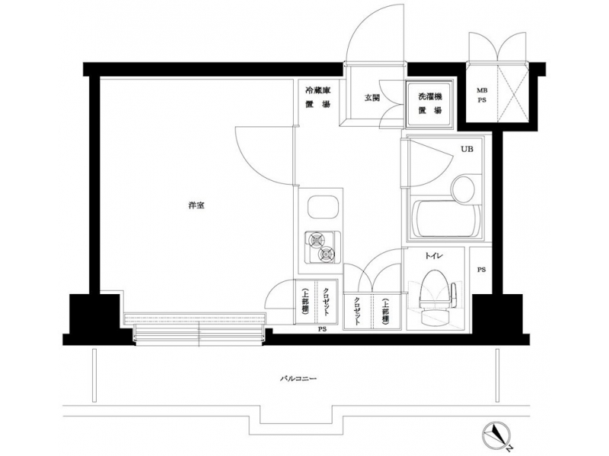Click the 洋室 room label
click(x=196, y=205)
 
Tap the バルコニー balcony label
click(x=298, y=378)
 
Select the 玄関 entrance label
click(x=371, y=98)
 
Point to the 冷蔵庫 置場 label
click(x=317, y=97)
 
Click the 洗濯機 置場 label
click(x=430, y=103)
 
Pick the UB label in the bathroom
click(x=467, y=149)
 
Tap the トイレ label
click(x=434, y=256)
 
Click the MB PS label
click(x=482, y=95)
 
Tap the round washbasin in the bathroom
click(x=464, y=188)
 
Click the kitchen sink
click(x=321, y=207)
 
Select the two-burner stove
click(x=322, y=247)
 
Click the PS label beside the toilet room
click(x=482, y=270)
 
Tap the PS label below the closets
click(x=322, y=329)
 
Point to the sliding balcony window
click(x=198, y=328)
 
